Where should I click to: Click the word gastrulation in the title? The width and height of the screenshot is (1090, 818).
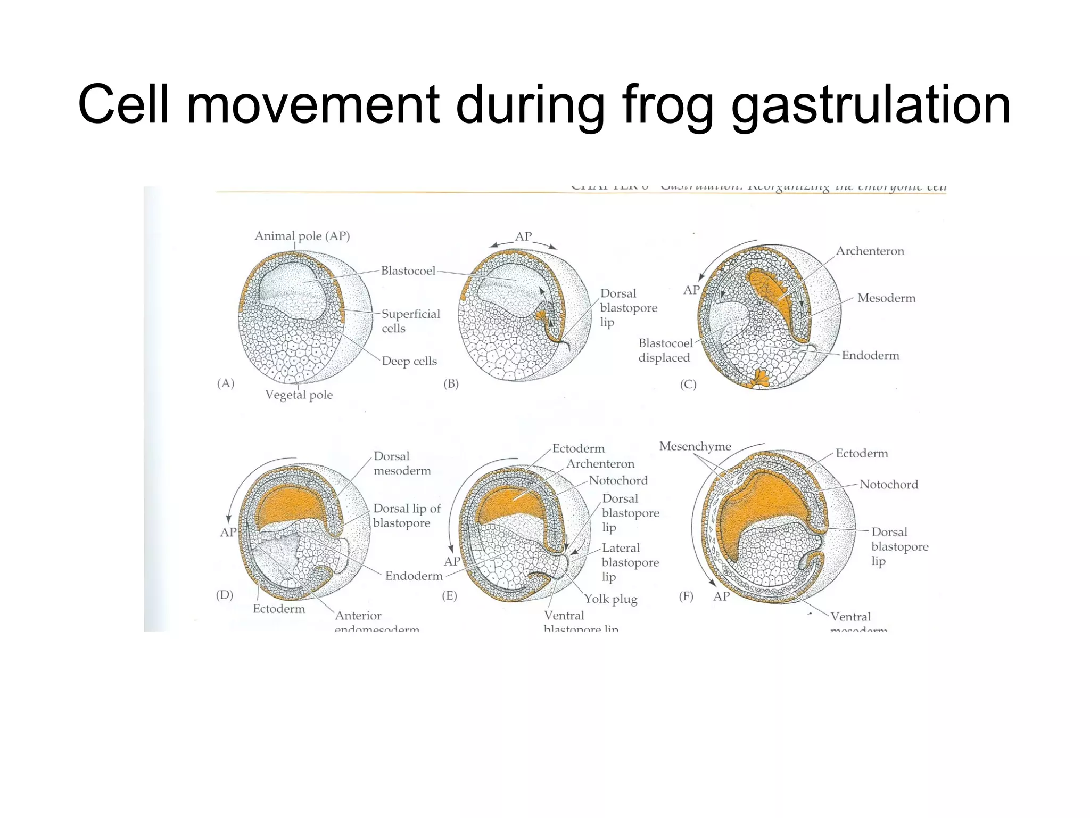[871, 105]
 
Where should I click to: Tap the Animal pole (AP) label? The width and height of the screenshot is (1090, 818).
[302, 236]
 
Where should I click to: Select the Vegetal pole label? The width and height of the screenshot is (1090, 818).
[299, 395]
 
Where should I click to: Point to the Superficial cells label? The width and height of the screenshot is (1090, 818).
[410, 321]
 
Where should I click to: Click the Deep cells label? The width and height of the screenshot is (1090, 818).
[409, 361]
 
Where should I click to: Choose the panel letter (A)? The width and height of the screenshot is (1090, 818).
[226, 383]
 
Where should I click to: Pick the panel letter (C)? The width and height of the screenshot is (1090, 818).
[688, 384]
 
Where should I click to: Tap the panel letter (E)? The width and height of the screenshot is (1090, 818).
[449, 595]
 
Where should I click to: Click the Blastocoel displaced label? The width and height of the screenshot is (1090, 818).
[665, 350]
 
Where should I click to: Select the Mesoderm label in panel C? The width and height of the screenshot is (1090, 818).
[886, 298]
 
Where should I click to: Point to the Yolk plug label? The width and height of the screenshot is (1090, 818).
[610, 599]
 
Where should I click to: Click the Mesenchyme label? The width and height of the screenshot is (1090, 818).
[695, 446]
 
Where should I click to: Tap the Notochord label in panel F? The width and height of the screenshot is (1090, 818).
[888, 484]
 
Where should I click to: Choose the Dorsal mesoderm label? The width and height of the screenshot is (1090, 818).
[402, 463]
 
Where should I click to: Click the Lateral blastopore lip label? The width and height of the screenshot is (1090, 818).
[630, 562]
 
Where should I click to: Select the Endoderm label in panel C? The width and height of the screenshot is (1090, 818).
[870, 355]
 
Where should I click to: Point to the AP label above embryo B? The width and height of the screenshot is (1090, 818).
[523, 236]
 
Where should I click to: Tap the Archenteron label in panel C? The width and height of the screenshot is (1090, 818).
[870, 251]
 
